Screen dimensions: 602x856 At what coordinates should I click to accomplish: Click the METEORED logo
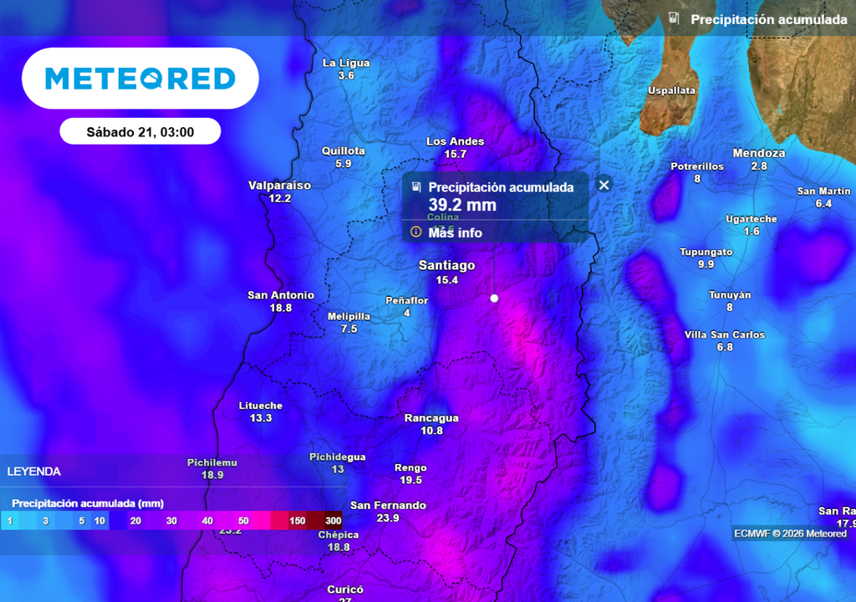[140, 79]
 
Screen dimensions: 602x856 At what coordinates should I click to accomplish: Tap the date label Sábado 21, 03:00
[140, 132]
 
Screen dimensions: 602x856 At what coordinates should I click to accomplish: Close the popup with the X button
[604, 185]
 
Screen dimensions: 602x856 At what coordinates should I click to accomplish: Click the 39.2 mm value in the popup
[462, 205]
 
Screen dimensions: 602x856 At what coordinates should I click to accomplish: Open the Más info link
[455, 232]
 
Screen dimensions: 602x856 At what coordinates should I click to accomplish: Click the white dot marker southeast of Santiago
[494, 298]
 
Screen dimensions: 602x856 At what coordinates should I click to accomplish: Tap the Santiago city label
[446, 266]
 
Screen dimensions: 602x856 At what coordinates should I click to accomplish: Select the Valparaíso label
[279, 186]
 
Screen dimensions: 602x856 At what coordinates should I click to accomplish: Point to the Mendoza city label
[758, 153]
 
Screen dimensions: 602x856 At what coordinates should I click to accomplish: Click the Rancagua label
[431, 418]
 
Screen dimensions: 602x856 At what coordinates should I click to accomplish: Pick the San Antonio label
[281, 295]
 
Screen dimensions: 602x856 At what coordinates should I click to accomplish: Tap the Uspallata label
[672, 90]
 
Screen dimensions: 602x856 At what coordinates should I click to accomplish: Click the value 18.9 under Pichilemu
[212, 475]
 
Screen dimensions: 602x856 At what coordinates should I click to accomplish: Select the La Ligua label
[346, 63]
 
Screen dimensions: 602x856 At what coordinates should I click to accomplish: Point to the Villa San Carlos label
[724, 334]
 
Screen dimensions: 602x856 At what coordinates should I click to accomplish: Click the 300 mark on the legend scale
[333, 521]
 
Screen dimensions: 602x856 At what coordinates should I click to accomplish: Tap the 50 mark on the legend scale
[243, 521]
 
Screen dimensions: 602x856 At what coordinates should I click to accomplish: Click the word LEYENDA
[34, 472]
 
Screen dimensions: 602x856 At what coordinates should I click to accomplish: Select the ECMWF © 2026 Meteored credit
[790, 533]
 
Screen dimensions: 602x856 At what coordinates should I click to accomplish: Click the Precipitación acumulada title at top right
[768, 19]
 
